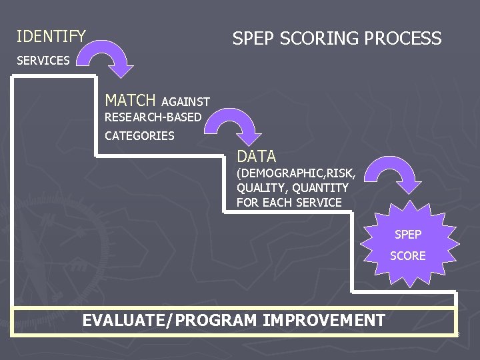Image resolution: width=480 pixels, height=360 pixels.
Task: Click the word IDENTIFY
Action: coord(51,36)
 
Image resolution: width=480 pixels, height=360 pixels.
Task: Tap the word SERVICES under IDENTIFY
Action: coord(43,61)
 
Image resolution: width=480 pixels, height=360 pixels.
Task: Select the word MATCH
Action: coord(130,101)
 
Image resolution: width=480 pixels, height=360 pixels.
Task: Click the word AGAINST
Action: coord(185,102)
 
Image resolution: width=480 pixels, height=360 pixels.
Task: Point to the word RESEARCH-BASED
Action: coord(153,117)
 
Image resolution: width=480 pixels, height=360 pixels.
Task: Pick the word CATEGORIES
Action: coord(139,136)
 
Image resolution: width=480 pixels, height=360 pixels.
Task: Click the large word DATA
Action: coord(256,157)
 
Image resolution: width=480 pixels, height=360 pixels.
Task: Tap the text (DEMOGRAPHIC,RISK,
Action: coord(296,174)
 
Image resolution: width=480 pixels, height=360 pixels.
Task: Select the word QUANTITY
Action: coord(320,188)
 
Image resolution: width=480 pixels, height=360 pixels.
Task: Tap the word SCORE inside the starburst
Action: coord(408,256)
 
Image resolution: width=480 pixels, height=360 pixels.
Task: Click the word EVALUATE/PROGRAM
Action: coord(170,321)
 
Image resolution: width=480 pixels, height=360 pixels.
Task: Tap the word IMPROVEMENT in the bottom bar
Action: coord(324,321)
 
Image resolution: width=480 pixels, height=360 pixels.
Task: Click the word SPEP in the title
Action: coord(254,39)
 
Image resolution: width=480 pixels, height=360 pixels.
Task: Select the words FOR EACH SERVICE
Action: coord(289,203)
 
